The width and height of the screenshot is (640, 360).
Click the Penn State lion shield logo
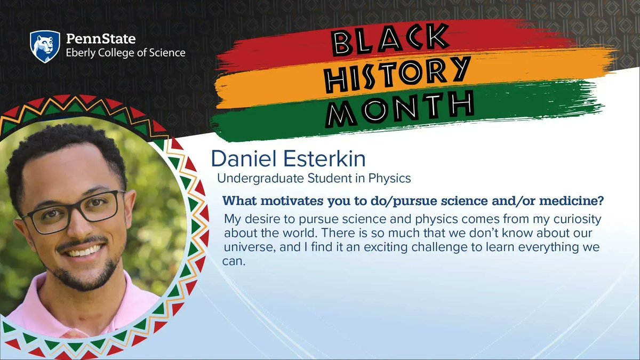pos(44,46)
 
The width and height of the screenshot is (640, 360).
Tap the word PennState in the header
pos(100,39)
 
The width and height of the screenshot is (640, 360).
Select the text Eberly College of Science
pos(125,53)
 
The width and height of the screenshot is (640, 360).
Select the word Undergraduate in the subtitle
pos(251,175)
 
